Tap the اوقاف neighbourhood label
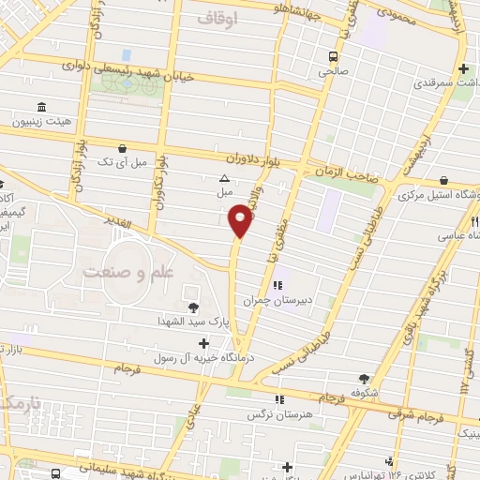(x=218, y=18)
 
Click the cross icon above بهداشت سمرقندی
(x=464, y=68)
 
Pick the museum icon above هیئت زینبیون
(x=40, y=106)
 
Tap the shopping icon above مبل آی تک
(x=123, y=148)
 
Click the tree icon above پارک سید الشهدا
(x=194, y=307)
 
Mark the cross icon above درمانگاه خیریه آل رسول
(x=204, y=344)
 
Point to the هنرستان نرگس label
(x=279, y=413)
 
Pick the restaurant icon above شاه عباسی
(x=474, y=222)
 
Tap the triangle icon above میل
(x=224, y=178)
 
